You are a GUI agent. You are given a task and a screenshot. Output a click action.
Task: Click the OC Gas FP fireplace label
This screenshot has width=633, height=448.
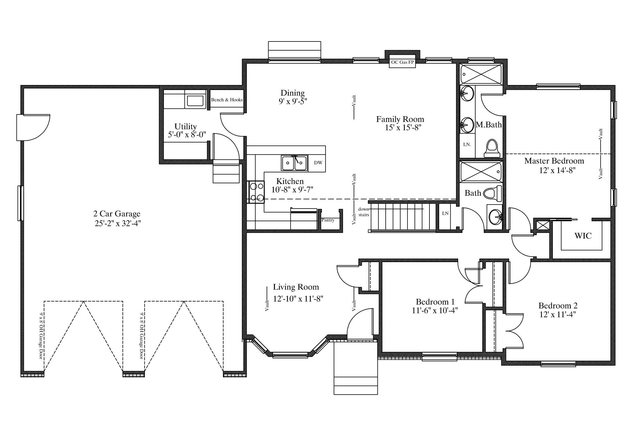pos(402,62)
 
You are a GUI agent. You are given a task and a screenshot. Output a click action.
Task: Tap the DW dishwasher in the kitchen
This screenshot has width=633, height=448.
pos(318,163)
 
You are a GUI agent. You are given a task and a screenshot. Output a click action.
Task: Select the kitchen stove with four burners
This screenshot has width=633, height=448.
pos(256,192)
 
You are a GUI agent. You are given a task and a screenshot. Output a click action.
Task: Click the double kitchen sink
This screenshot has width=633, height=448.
pos(294,163)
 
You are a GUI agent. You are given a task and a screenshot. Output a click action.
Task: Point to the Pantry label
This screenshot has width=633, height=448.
pos(328,220)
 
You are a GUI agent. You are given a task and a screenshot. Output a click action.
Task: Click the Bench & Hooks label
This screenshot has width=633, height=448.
pos(227,100)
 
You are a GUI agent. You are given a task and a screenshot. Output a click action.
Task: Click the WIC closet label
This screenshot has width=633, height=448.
pos(583,236)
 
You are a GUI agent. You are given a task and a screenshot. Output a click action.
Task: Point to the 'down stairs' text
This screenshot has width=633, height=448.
pos(364,212)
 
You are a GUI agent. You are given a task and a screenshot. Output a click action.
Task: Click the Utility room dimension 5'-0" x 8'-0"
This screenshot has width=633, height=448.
pos(187,135)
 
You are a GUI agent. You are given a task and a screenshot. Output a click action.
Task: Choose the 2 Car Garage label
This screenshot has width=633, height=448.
pos(117,214)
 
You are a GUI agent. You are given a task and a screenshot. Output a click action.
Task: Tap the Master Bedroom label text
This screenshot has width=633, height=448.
pos(554,161)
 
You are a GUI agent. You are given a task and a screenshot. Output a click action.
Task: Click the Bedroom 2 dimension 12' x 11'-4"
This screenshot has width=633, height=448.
pos(557,314)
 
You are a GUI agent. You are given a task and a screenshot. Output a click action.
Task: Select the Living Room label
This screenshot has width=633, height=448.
pos(296,287)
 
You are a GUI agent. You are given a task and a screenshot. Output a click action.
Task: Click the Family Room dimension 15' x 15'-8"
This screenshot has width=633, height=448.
pos(403,128)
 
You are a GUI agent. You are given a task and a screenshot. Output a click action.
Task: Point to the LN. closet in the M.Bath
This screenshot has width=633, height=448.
pos(467,145)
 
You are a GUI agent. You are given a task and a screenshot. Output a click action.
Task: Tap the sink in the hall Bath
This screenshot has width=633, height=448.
pos(495,217)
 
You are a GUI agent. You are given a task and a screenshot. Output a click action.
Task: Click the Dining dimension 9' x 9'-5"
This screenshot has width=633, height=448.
pos(293,101)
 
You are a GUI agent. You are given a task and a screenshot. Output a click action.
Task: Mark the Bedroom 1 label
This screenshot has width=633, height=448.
pos(435,302)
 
